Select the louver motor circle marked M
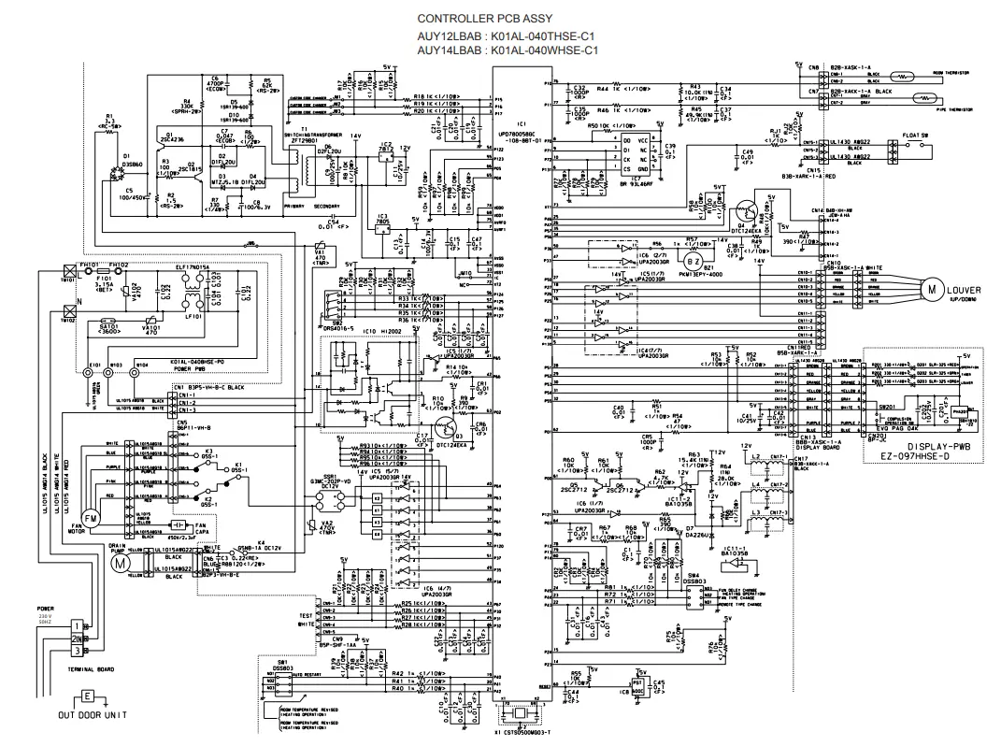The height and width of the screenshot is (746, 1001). coord(933,289)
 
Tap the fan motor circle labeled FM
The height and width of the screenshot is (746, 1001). coord(91,517)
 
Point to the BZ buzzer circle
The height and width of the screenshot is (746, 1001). coord(693,259)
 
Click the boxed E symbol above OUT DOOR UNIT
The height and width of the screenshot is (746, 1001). coord(87,696)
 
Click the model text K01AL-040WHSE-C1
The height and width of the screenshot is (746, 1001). coord(544,50)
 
